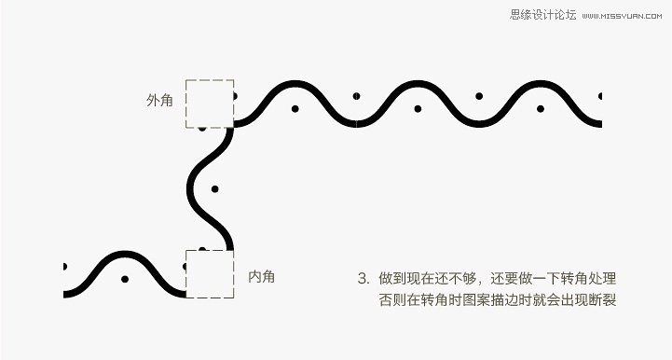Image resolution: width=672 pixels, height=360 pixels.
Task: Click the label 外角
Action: click(159, 100)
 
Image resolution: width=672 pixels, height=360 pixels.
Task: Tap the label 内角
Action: click(262, 276)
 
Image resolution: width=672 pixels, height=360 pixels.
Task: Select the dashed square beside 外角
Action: click(209, 104)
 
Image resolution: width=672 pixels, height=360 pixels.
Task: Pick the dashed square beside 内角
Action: click(209, 273)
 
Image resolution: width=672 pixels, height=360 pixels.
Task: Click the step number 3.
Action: click(362, 278)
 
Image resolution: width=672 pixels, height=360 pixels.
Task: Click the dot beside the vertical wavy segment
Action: click(214, 188)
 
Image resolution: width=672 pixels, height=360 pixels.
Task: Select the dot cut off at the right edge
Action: click(600, 96)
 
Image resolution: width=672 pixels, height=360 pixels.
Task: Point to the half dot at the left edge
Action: click(64, 267)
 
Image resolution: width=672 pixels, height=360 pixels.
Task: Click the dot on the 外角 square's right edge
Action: click(234, 96)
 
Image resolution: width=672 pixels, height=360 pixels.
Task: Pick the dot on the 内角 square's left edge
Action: click(186, 267)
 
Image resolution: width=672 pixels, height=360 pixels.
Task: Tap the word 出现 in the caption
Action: click(571, 300)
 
